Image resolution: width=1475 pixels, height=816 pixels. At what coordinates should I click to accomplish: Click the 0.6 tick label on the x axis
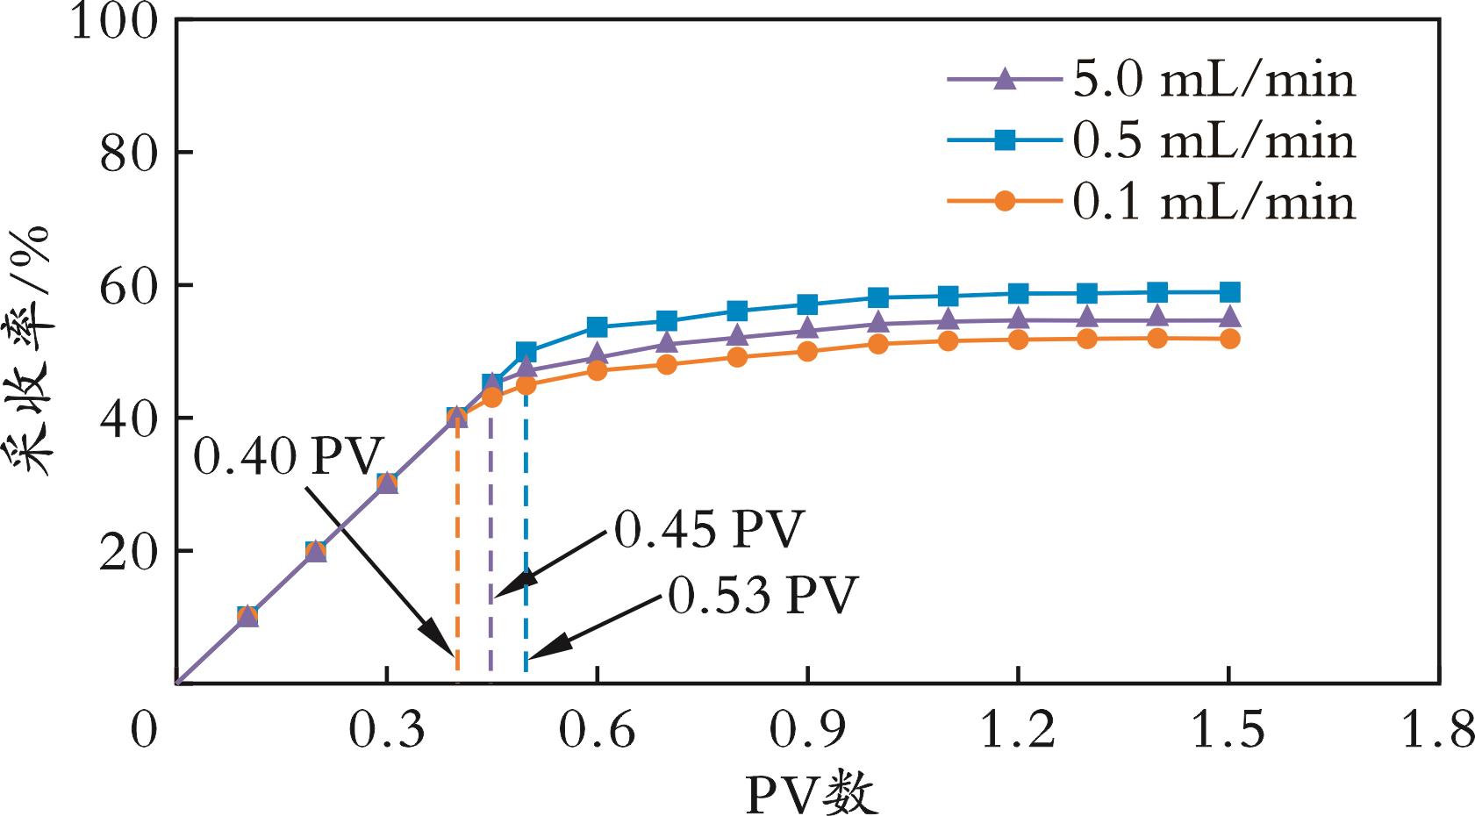tap(597, 731)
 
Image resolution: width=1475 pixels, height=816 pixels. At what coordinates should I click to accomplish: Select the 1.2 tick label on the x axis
tap(1018, 731)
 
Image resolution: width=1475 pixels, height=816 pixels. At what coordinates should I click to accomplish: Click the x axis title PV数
tap(812, 793)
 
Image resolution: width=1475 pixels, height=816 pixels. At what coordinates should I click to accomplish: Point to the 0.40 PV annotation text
tap(289, 457)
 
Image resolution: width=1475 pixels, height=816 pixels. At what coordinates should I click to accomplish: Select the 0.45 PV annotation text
tap(709, 529)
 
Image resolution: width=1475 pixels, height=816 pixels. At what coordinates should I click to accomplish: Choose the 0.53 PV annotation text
tap(762, 597)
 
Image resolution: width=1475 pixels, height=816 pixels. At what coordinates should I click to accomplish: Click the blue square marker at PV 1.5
tap(1229, 292)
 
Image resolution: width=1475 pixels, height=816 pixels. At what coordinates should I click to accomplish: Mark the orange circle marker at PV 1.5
tap(1229, 339)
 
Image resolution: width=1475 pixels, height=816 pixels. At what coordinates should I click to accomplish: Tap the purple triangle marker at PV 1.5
tap(1229, 318)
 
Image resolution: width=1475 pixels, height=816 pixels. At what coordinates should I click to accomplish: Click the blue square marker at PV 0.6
tap(597, 327)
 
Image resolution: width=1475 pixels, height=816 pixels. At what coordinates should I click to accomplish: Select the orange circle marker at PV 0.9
tap(807, 351)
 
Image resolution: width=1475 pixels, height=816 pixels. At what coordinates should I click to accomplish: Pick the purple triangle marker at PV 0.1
tap(247, 616)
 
